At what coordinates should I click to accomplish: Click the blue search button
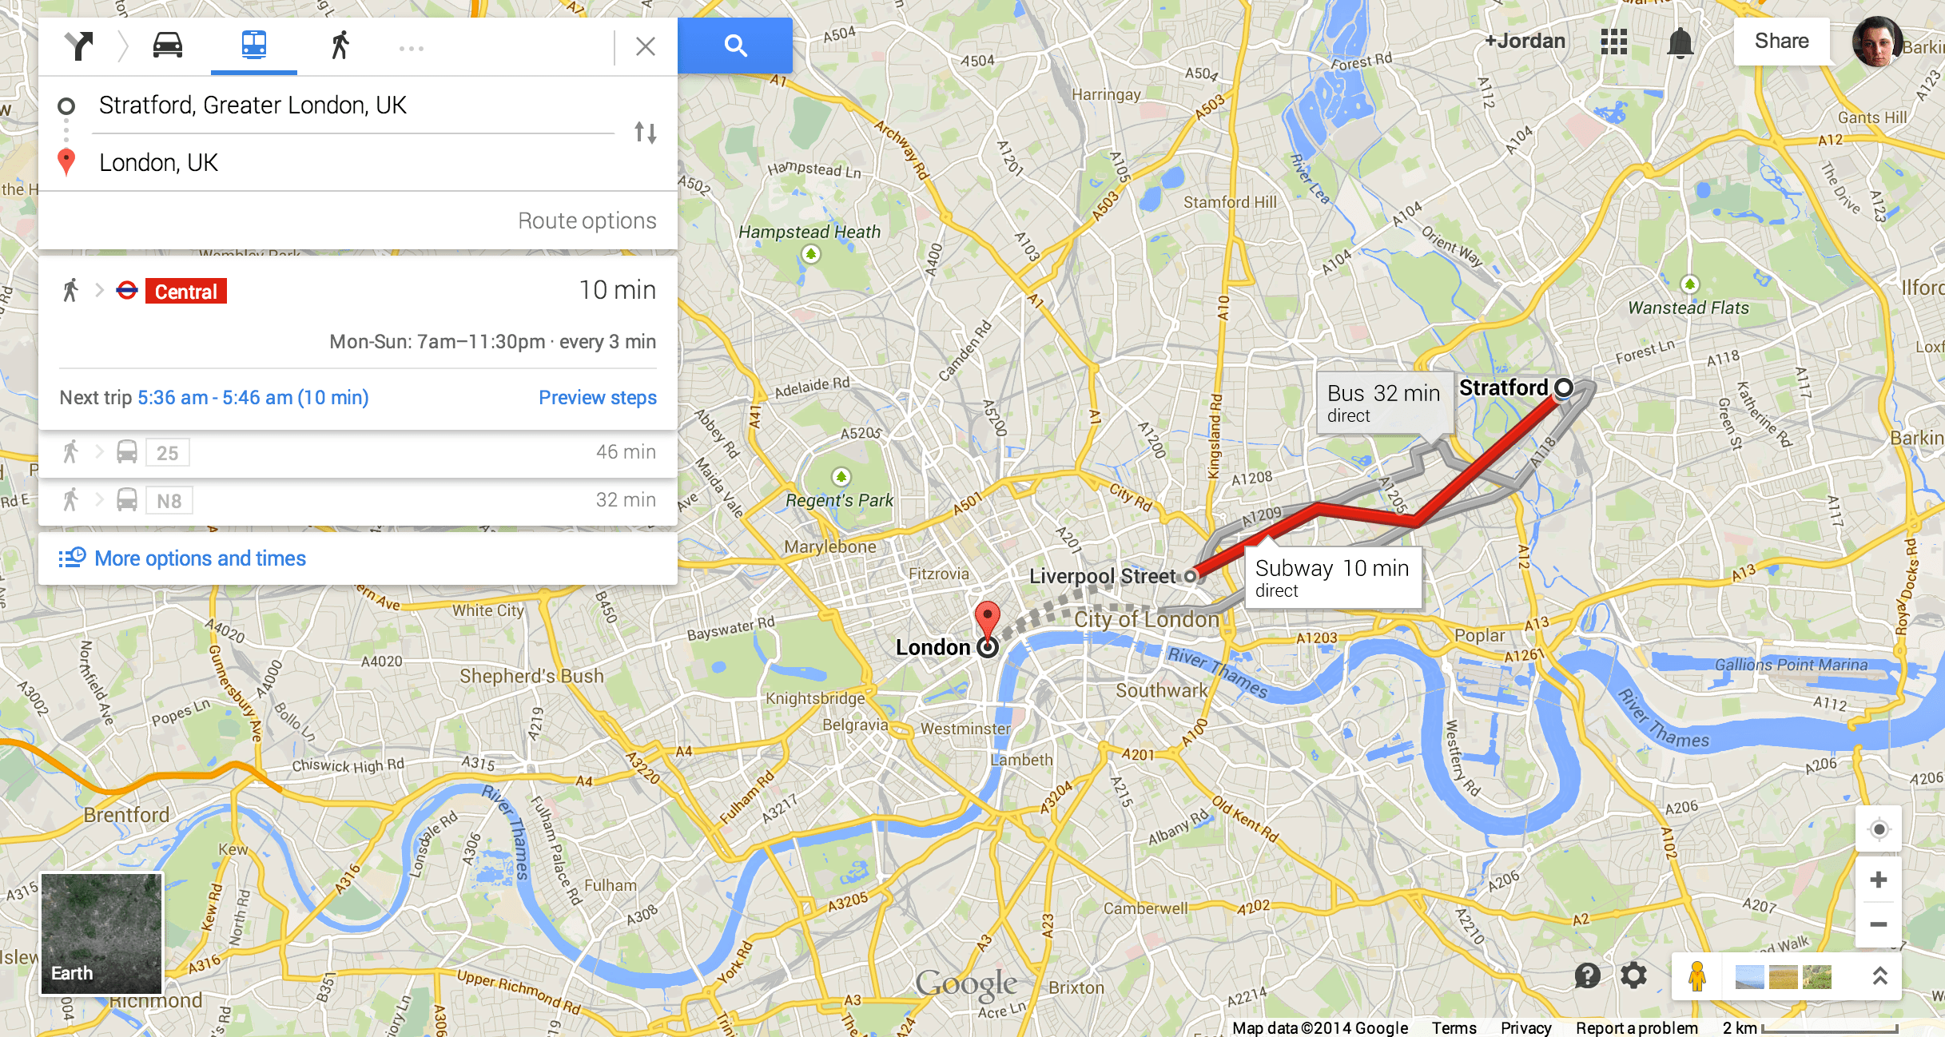point(734,46)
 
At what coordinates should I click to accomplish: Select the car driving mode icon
point(168,46)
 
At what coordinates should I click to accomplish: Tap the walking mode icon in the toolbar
point(340,46)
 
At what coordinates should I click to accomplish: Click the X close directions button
point(646,46)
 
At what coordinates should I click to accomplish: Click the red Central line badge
point(185,292)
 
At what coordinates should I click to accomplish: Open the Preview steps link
point(597,398)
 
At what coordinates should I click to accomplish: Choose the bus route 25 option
point(167,453)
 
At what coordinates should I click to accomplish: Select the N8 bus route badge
point(169,501)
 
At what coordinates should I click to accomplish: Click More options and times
point(200,558)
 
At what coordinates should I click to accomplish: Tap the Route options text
point(587,221)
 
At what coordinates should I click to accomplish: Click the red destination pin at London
point(988,620)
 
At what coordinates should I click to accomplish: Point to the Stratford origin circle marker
point(1564,388)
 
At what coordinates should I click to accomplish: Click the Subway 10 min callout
point(1332,578)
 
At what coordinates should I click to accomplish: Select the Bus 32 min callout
point(1383,403)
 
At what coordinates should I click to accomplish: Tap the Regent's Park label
point(839,500)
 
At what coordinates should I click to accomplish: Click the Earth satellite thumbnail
point(101,933)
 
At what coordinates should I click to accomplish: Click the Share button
point(1781,42)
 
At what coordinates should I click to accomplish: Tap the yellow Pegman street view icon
point(1696,976)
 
